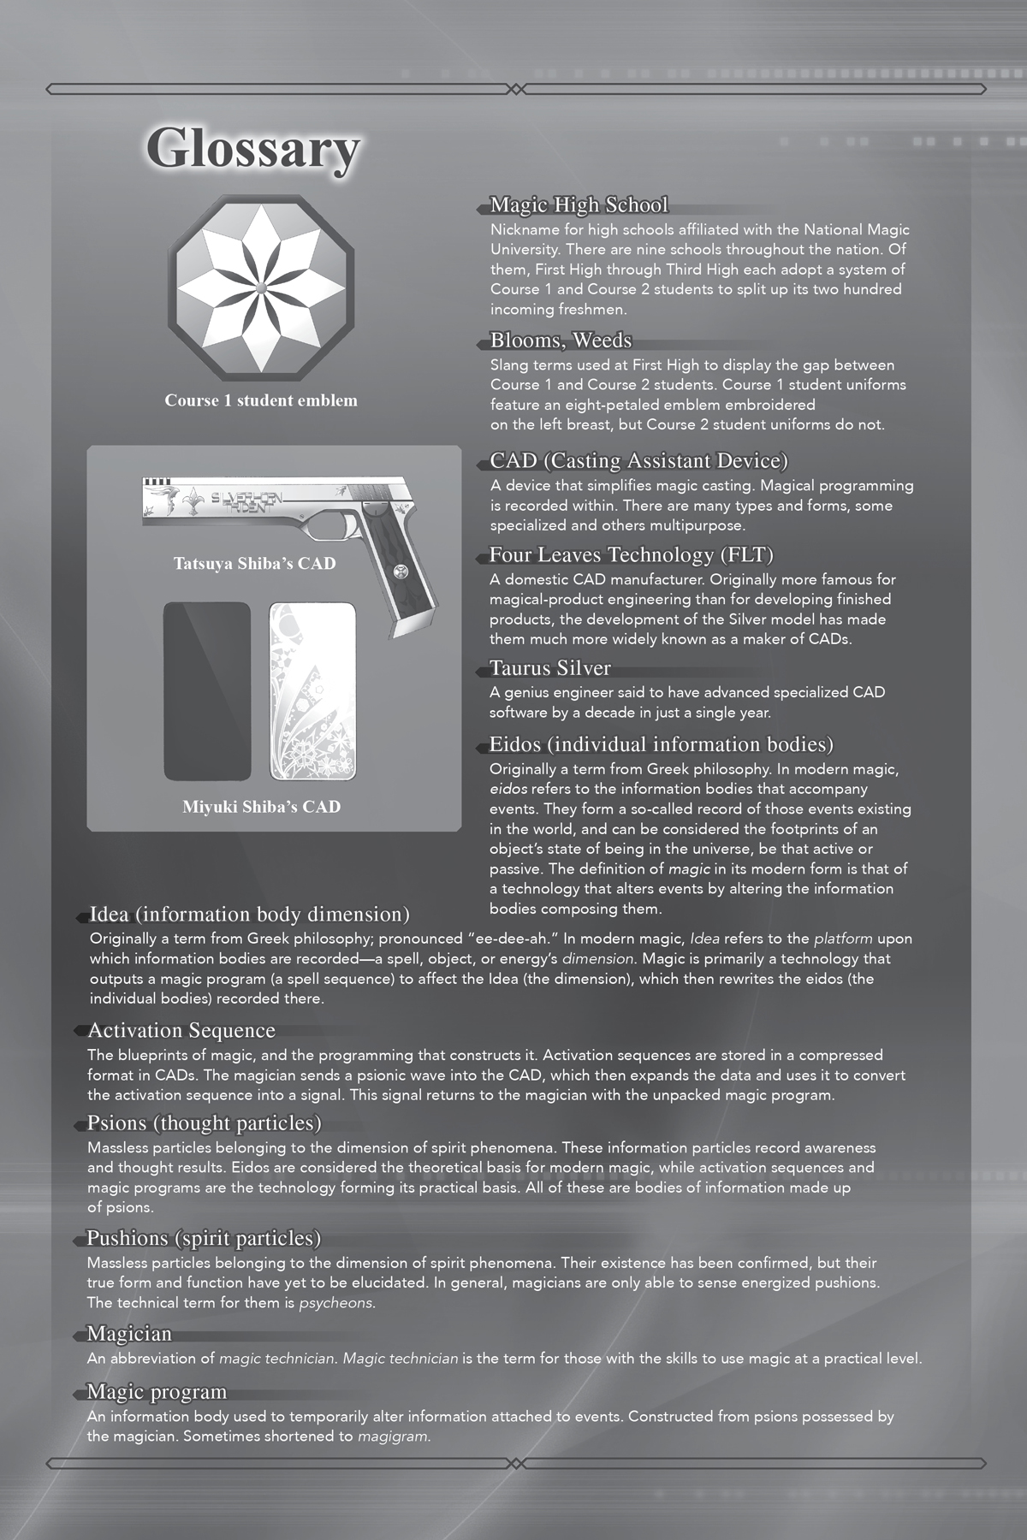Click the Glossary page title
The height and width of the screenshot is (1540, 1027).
pyautogui.click(x=252, y=150)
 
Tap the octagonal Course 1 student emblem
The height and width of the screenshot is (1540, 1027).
pyautogui.click(x=261, y=288)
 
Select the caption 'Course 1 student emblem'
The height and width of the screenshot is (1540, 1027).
pyautogui.click(x=261, y=400)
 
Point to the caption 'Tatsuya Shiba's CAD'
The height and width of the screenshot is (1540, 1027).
pyautogui.click(x=254, y=564)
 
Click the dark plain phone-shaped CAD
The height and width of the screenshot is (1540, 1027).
pyautogui.click(x=207, y=691)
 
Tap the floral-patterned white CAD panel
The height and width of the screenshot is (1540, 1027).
pyautogui.click(x=313, y=691)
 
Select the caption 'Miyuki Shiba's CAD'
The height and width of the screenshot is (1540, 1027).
pyautogui.click(x=261, y=806)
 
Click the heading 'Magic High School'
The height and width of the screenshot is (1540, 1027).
pyautogui.click(x=579, y=205)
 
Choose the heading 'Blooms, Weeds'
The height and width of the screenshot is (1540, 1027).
pyautogui.click(x=561, y=341)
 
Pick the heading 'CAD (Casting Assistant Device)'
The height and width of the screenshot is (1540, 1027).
pyautogui.click(x=638, y=461)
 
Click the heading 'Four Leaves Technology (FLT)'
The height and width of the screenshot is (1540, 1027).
pyautogui.click(x=631, y=555)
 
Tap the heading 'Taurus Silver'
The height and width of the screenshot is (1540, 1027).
pyautogui.click(x=549, y=667)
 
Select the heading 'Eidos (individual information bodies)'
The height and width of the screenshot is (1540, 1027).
pyautogui.click(x=661, y=744)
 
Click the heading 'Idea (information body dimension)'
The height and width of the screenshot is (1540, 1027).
pyautogui.click(x=249, y=915)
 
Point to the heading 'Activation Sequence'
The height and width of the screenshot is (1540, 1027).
pyautogui.click(x=181, y=1030)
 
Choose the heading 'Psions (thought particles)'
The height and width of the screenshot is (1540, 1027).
pyautogui.click(x=204, y=1122)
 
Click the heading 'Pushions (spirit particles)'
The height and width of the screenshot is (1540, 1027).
pyautogui.click(x=204, y=1238)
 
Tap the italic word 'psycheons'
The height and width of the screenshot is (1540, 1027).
pyautogui.click(x=335, y=1303)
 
